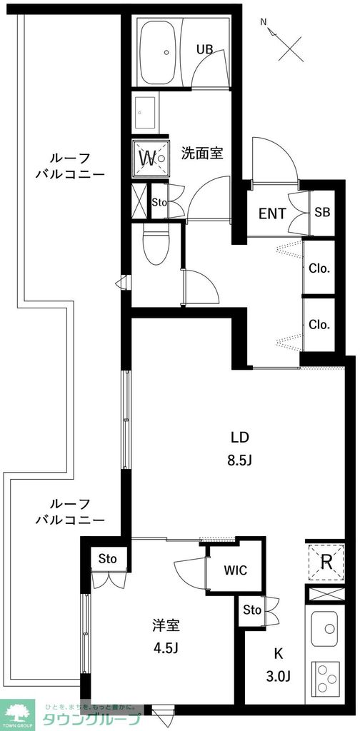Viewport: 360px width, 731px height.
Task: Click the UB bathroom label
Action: point(206,49)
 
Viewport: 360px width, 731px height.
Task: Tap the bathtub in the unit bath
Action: point(160,51)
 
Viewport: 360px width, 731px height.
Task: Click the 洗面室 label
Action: point(203,153)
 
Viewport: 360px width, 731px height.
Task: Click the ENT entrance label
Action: point(272,213)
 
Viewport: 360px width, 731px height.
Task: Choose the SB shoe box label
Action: point(321,213)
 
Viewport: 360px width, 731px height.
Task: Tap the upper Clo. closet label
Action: point(319,269)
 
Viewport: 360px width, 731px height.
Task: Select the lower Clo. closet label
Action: point(319,324)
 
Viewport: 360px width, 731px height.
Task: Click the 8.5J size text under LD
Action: point(240,460)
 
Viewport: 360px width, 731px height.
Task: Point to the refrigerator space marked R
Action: point(326,561)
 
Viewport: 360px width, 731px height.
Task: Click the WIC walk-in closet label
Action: point(235,571)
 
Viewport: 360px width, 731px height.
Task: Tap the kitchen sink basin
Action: point(327,629)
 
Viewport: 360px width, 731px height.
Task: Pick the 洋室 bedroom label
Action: point(165,627)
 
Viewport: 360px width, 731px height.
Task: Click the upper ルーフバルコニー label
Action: point(70,166)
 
